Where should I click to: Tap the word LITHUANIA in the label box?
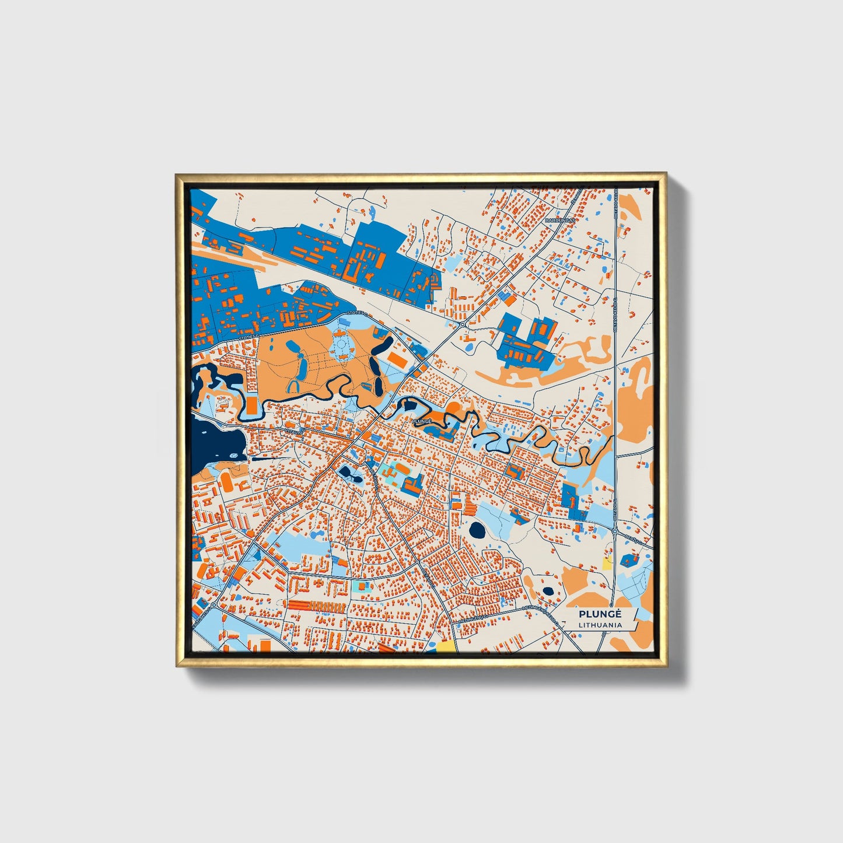click(x=600, y=625)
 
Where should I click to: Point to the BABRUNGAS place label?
click(x=559, y=221)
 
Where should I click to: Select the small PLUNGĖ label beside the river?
click(x=421, y=420)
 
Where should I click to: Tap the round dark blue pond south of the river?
click(x=477, y=530)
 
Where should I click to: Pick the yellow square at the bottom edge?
click(x=446, y=646)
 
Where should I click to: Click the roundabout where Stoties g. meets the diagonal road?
click(x=461, y=324)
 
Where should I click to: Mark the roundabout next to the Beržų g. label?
click(x=615, y=531)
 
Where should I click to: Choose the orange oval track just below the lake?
click(x=225, y=482)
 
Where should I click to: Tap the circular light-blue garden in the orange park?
click(x=340, y=348)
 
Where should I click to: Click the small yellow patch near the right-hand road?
click(x=607, y=564)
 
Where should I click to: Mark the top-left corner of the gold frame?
click(x=177, y=174)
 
